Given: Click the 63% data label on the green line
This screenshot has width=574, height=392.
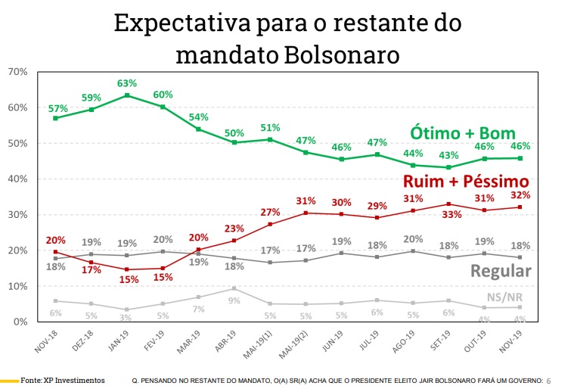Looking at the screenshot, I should pyautogui.click(x=126, y=83).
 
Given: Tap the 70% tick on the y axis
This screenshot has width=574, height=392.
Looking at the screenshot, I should pyautogui.click(x=17, y=72).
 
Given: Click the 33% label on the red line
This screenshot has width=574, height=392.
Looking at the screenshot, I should pyautogui.click(x=451, y=214).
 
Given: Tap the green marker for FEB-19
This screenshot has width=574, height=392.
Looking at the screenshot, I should pyautogui.click(x=163, y=107).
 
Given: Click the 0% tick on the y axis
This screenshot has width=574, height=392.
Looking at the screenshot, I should pyautogui.click(x=20, y=322).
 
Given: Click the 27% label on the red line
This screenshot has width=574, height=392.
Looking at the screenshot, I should pyautogui.click(x=271, y=212).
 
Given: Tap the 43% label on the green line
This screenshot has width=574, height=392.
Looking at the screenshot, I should pyautogui.click(x=451, y=156).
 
